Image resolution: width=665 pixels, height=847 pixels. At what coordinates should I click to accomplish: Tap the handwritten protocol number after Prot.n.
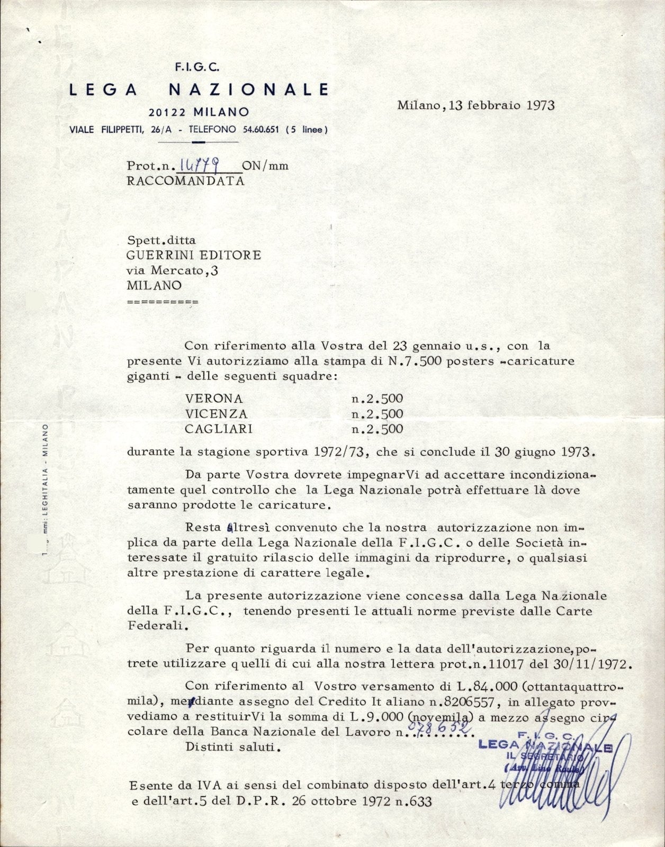(208, 166)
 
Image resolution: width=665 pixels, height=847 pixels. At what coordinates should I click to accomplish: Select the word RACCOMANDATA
(185, 181)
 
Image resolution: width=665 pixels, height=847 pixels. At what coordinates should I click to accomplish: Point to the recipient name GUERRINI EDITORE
(193, 255)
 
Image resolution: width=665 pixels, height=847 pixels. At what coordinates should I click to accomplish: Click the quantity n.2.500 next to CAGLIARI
(378, 429)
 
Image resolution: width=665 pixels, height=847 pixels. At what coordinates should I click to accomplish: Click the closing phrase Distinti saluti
(231, 747)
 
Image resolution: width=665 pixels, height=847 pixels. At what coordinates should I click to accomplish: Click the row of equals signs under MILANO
(163, 302)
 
